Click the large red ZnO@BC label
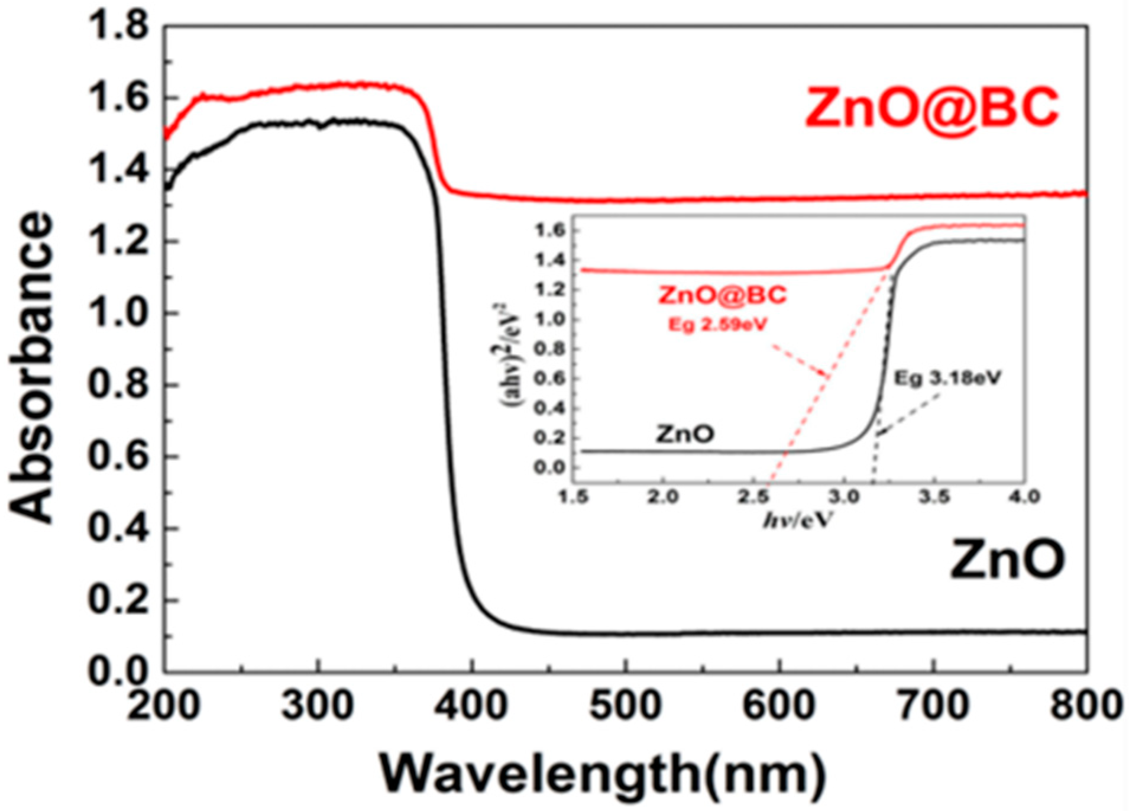click(x=932, y=108)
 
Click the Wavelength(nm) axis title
click(x=601, y=773)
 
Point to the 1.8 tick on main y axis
click(x=118, y=27)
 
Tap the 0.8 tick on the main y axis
click(x=118, y=386)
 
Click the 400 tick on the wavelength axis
click(x=471, y=705)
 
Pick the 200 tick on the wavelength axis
click(x=164, y=705)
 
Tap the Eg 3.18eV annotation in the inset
click(x=947, y=379)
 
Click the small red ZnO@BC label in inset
click(x=723, y=295)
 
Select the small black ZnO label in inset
click(x=684, y=435)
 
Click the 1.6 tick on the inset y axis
click(x=551, y=230)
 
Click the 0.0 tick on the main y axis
click(x=118, y=671)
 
